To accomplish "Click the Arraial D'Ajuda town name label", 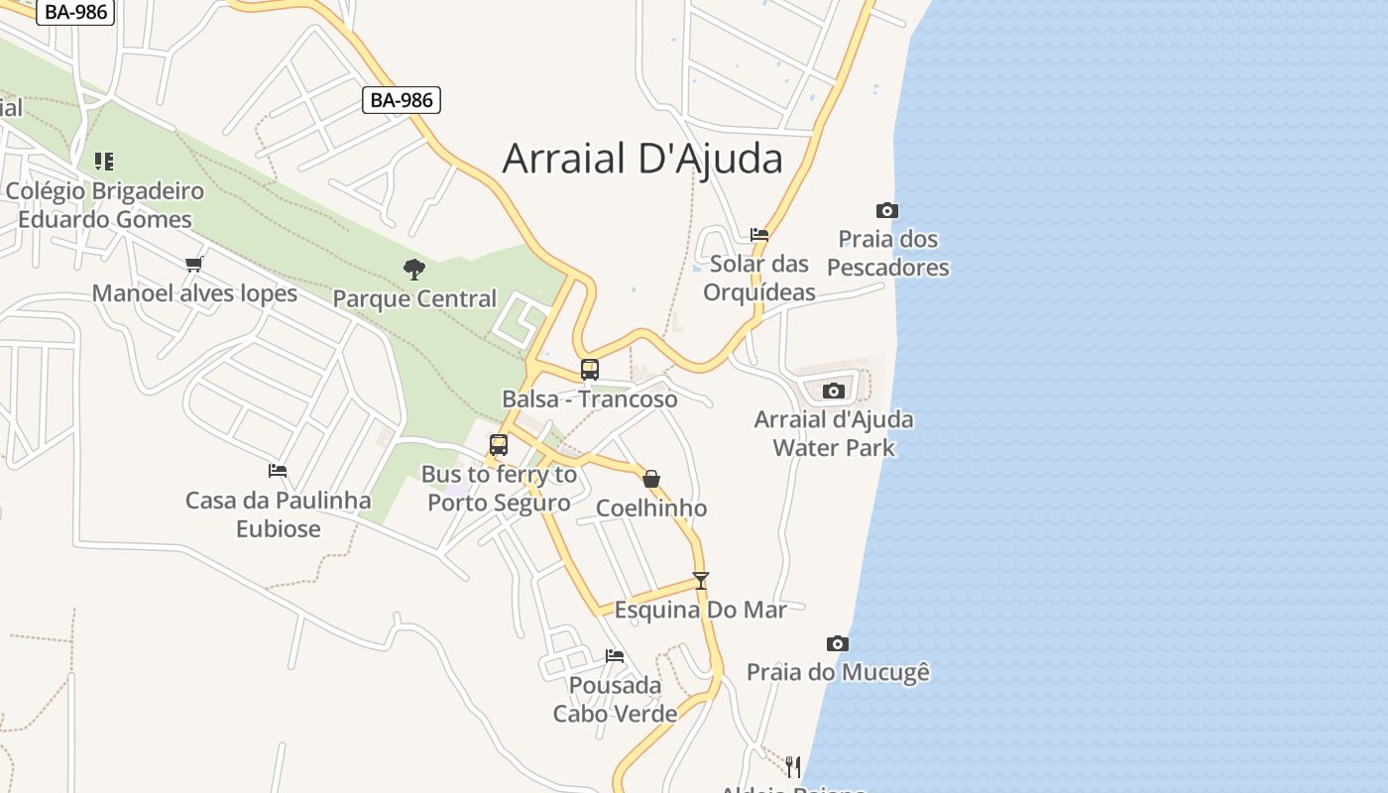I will point(642,159).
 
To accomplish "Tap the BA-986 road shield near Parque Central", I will point(401,100).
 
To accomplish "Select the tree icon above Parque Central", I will point(414,269).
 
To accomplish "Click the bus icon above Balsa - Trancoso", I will point(590,370).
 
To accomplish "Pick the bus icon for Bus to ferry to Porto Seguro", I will point(499,445).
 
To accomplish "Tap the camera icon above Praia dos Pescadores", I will point(887,210).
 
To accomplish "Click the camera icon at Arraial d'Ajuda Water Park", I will point(834,391).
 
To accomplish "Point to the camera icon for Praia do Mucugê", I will point(838,644).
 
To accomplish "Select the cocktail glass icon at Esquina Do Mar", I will point(701,581).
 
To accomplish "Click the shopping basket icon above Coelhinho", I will point(651,480).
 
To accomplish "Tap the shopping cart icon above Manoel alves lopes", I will point(194,264).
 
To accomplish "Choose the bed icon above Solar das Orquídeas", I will point(759,235).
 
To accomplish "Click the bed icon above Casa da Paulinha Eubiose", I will point(278,471).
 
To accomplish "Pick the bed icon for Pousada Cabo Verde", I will point(615,656).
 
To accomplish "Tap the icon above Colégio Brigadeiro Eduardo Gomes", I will point(104,161).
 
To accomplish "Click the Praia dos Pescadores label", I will point(888,254).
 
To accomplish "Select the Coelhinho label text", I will point(651,509).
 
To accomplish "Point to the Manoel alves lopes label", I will point(194,293).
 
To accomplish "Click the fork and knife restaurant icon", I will point(793,766).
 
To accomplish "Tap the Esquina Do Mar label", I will point(701,610).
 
